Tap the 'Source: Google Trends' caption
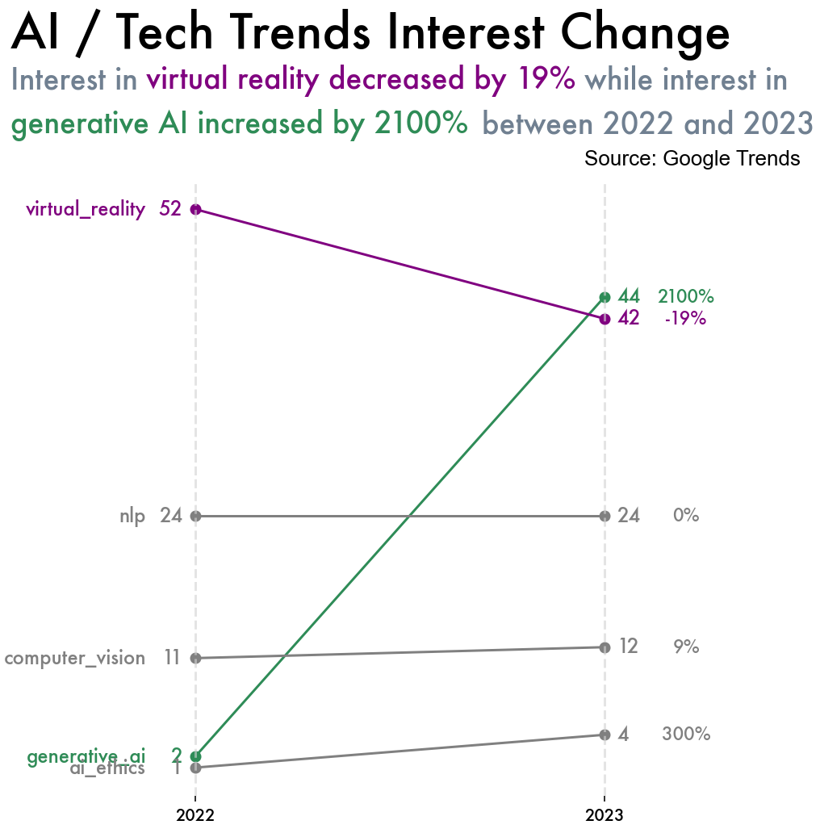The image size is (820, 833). click(x=692, y=158)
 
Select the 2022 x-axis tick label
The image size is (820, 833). click(x=195, y=816)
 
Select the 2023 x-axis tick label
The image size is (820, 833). click(x=605, y=816)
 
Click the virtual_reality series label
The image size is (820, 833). click(x=86, y=210)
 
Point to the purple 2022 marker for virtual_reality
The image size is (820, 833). click(x=195, y=210)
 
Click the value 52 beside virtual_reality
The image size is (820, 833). click(x=170, y=209)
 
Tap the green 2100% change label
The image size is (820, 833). click(x=685, y=296)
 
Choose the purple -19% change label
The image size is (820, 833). click(x=685, y=319)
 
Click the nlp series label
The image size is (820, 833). click(x=132, y=516)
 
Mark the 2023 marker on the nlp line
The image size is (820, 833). click(x=605, y=516)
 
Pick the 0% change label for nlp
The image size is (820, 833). click(x=685, y=516)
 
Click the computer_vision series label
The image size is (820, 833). click(x=74, y=659)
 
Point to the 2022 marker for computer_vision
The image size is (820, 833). click(x=195, y=658)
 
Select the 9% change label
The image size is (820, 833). click(x=685, y=647)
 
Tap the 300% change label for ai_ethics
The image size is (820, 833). click(x=685, y=735)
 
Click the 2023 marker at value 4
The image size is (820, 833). click(x=605, y=735)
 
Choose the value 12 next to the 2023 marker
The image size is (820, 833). click(x=628, y=647)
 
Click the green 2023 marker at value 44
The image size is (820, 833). click(x=605, y=297)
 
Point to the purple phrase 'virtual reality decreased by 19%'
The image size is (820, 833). click(x=361, y=80)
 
